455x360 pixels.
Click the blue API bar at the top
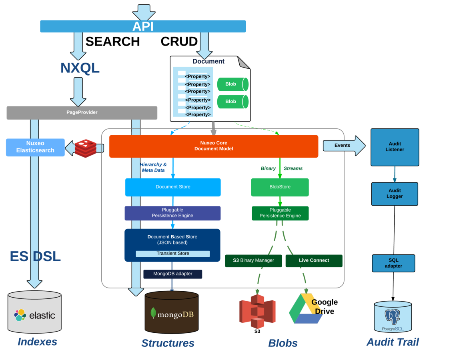(143, 26)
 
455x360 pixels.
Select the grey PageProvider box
(82, 112)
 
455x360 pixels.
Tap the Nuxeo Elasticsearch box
(35, 147)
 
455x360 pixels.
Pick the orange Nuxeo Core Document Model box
(213, 146)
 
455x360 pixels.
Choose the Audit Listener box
(395, 147)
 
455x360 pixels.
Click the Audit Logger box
(394, 194)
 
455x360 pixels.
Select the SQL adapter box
(393, 263)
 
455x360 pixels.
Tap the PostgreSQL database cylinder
(393, 317)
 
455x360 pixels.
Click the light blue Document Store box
(173, 187)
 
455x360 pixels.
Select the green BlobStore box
(280, 187)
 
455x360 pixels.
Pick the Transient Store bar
(172, 254)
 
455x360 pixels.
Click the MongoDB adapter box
(172, 274)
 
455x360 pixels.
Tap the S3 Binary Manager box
(253, 260)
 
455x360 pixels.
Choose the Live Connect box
(314, 260)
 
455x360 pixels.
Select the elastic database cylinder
(34, 312)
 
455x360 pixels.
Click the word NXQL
(80, 68)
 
